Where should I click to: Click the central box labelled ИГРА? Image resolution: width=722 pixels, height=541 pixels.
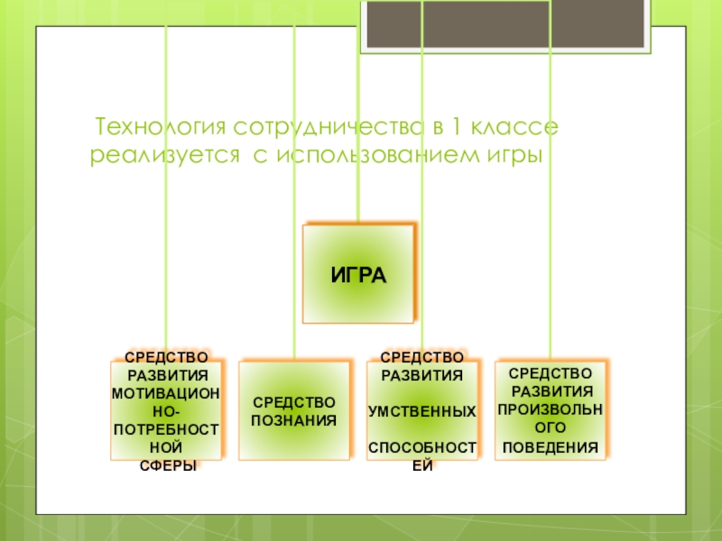coord(358,274)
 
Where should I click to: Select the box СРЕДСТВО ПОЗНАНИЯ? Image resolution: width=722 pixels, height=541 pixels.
coord(294,410)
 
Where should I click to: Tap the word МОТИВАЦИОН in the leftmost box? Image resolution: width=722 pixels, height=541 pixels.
coord(164,393)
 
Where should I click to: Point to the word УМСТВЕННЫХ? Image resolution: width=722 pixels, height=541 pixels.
coord(422,411)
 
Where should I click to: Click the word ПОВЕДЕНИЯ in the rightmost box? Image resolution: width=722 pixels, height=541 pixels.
coord(551,447)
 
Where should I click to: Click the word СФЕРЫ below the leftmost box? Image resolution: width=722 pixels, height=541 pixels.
coord(164,466)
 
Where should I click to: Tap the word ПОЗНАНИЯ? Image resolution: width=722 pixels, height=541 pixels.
coord(294,419)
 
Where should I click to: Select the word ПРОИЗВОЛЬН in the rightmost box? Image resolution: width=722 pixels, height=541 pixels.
coord(551,409)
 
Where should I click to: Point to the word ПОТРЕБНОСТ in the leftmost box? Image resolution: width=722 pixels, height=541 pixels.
coord(164,429)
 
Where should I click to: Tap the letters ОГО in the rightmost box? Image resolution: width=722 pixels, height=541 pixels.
coord(551,427)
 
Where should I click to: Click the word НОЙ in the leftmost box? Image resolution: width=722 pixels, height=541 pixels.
coord(164,447)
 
